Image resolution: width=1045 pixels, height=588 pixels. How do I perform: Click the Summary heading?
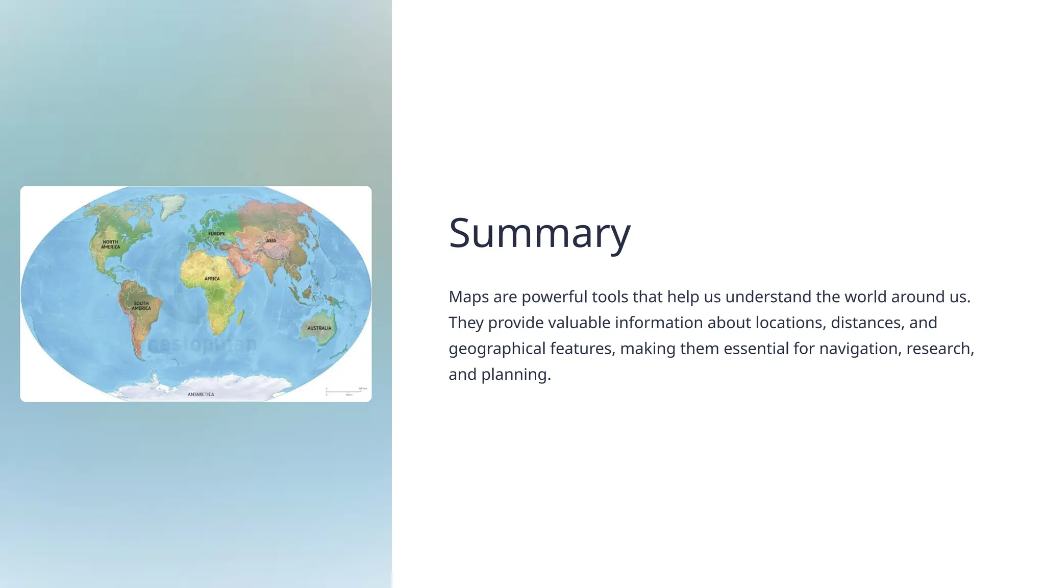pos(539,233)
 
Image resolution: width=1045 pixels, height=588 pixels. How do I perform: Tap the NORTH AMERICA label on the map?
pos(110,244)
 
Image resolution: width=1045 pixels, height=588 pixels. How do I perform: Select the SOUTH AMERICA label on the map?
pos(141,306)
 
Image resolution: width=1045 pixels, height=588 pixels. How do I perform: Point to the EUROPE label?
pos(216,234)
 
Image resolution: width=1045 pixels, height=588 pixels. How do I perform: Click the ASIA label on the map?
pos(271,240)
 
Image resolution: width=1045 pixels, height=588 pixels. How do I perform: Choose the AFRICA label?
pos(212,279)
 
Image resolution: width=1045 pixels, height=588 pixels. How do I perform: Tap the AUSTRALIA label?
pos(319,328)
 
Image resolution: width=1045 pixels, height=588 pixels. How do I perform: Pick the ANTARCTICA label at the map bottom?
pos(201,395)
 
